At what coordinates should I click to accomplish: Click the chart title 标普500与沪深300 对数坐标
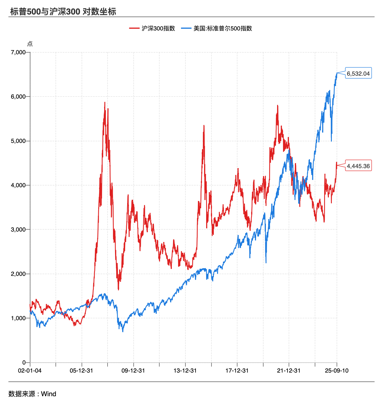tap(63, 12)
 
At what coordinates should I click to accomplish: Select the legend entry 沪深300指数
tap(158, 28)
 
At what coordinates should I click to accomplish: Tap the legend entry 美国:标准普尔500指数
tap(222, 28)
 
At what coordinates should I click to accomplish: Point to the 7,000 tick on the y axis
tap(18, 52)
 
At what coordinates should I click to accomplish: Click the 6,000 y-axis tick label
tap(18, 97)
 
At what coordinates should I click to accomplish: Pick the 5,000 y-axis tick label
tap(18, 141)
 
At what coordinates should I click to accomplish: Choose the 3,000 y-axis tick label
tap(18, 230)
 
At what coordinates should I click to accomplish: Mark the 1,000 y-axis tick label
tap(18, 318)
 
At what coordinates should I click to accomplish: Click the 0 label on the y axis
tap(24, 363)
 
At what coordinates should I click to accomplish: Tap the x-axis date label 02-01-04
tap(30, 370)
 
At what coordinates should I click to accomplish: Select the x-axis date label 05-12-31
tap(81, 370)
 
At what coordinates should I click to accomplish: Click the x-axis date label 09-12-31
tap(133, 370)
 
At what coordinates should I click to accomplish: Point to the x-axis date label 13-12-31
tap(185, 370)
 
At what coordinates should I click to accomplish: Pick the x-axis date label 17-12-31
tap(237, 370)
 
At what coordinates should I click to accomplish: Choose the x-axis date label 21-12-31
tap(289, 370)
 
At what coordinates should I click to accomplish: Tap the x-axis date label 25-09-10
tap(337, 370)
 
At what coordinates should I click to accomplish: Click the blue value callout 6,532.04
tap(358, 74)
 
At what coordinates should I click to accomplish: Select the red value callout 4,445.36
tap(358, 166)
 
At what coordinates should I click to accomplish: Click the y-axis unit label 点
tap(30, 44)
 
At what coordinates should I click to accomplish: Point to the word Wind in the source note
tap(49, 394)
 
